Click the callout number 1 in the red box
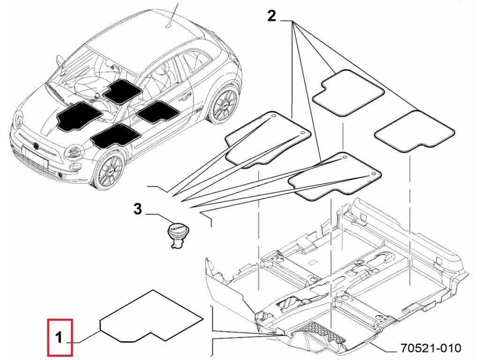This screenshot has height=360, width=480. tap(59, 337)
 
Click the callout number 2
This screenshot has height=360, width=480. tap(271, 16)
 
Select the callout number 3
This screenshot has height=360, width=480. tap(137, 209)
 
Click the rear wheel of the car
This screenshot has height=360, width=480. tap(224, 105)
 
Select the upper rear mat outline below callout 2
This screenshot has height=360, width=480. tap(347, 93)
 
